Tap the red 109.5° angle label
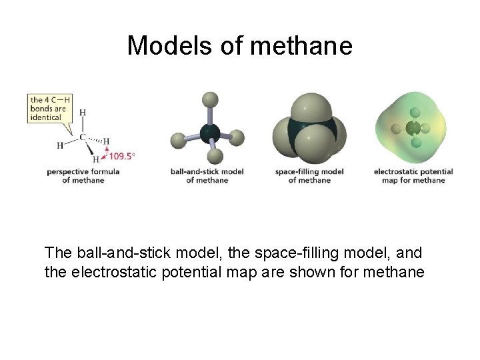[121, 156]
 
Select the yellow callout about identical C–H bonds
[49, 109]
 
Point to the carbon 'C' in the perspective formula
[83, 137]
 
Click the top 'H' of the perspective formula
[83, 113]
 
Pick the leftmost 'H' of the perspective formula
[60, 145]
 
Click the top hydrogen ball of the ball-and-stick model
[210, 100]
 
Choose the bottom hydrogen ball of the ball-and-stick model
[215, 157]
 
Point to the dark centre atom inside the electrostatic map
[413, 129]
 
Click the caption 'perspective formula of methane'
[83, 176]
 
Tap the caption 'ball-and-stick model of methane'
[207, 176]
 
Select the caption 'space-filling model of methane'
[309, 176]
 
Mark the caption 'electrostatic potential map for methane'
[413, 176]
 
